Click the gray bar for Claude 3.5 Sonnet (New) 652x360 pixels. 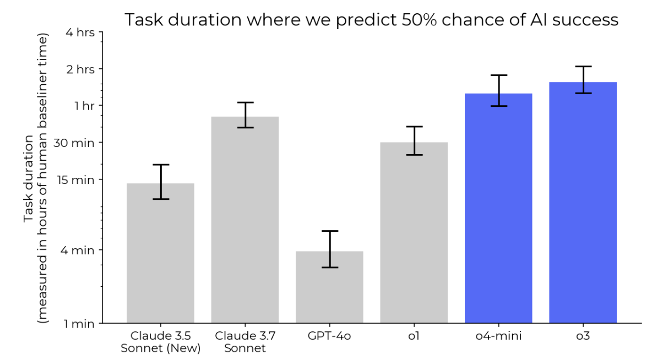coord(160,253)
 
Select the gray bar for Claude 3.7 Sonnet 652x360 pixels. coord(245,220)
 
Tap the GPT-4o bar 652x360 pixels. coord(329,287)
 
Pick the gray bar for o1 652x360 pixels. coord(414,233)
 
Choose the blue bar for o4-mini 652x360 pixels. coord(498,208)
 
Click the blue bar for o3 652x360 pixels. coord(583,203)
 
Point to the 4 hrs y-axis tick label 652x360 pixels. coord(80,32)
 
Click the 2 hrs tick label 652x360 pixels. coord(80,69)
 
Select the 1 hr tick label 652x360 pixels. coord(85,106)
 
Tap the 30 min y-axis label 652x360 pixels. coord(74,143)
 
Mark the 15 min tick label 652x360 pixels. coord(75,179)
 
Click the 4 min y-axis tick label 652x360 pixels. coord(77,250)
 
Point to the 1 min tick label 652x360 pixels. coord(79,324)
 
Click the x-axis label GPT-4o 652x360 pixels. coord(329,335)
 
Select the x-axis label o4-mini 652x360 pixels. coord(498,335)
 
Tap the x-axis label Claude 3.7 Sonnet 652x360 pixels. coord(245,342)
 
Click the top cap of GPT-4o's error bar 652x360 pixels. coord(330,231)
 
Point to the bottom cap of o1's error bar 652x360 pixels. coord(414,155)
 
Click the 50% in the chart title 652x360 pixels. coord(419,20)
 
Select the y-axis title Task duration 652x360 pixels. coord(28,179)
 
